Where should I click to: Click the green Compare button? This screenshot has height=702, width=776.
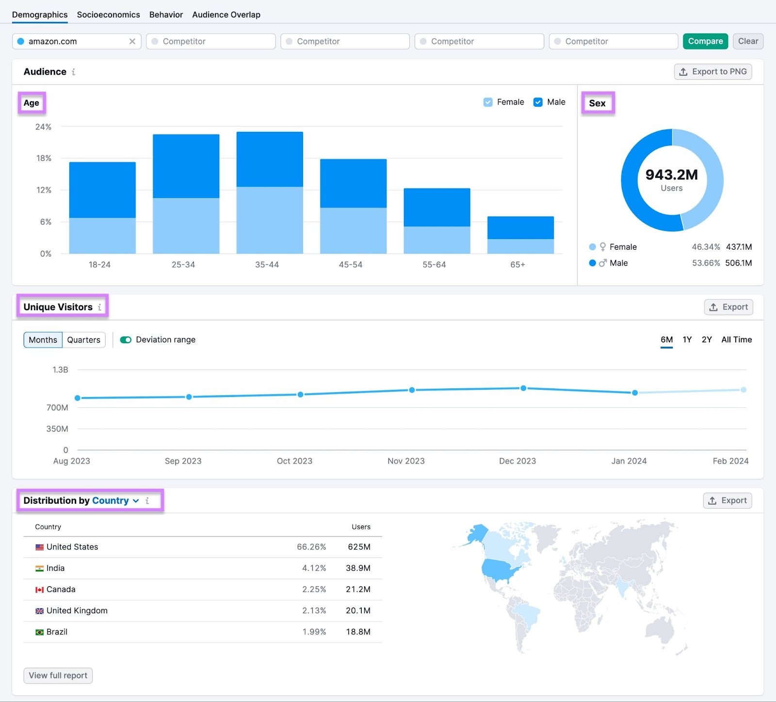coord(705,41)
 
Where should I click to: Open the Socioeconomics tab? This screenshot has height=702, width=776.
coord(108,15)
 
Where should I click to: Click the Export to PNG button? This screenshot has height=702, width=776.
coord(713,72)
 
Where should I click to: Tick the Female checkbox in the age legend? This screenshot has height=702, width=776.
coord(488,102)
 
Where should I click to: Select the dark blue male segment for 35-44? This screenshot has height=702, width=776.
coord(270,159)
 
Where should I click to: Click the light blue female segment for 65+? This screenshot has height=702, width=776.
coord(520,246)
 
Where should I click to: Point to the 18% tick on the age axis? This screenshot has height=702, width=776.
coord(44,159)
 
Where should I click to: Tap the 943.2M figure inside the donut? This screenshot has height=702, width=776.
coord(671,175)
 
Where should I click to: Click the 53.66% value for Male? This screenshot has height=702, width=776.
coord(706,263)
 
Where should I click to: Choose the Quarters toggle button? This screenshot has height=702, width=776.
coord(83,340)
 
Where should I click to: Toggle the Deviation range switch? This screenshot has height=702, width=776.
coord(126,340)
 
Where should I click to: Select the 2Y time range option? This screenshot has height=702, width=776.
coord(707,340)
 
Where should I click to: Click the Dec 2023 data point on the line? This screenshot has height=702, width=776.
coord(523,388)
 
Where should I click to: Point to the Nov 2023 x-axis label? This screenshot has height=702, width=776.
coord(406,461)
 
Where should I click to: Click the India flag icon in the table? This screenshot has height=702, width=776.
coord(39,568)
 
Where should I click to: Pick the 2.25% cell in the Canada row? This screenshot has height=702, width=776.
coord(314,590)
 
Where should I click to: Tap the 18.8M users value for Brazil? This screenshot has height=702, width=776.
coord(358,632)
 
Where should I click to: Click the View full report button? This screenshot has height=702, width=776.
coord(58,675)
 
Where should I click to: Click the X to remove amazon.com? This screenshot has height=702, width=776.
coord(132,41)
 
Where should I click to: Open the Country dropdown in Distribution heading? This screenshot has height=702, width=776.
coord(115,501)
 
